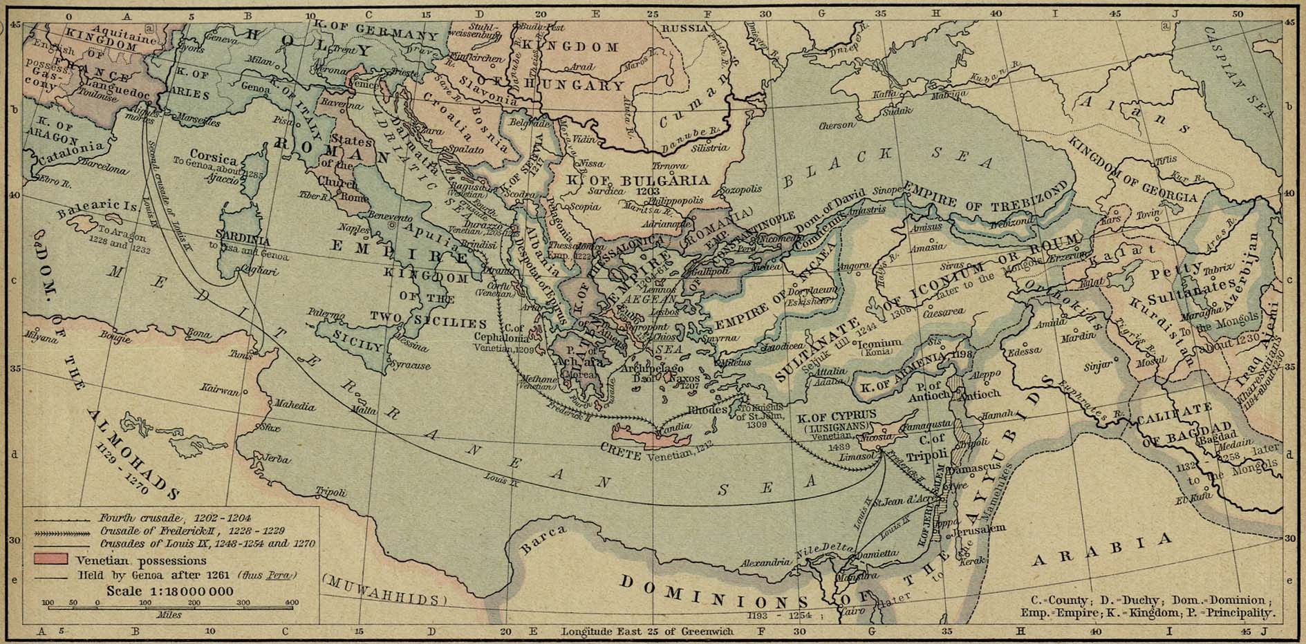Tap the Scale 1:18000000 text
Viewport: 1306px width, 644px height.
[169, 591]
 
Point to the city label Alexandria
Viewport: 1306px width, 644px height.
[765, 562]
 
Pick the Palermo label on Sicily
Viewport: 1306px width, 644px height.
[326, 314]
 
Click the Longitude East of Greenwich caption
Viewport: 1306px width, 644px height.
[644, 632]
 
